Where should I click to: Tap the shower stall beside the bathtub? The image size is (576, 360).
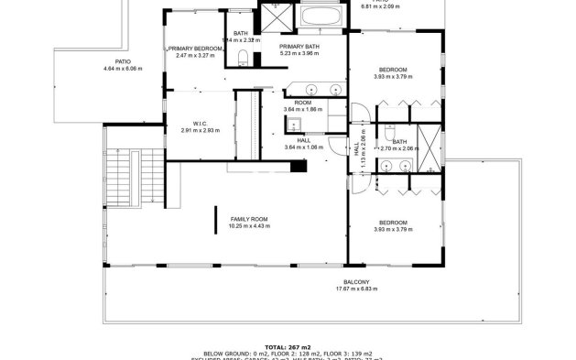273,18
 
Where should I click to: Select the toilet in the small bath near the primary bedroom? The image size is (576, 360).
243,60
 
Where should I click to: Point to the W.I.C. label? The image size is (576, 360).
201,123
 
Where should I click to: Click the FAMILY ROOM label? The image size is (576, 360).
249,219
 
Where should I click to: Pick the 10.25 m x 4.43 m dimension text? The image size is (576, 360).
249,226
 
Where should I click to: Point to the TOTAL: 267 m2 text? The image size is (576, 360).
288,347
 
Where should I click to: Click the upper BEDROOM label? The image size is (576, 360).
393,70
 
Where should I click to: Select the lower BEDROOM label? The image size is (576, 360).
393,223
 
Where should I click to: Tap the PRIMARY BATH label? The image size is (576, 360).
299,46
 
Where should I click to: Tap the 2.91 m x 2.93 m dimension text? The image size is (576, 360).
201,130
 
